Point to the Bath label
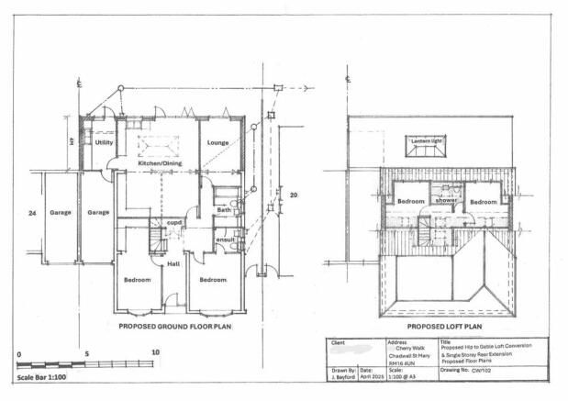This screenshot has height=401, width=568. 223,210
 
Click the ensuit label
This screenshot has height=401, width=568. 225,240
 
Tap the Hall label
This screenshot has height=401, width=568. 173,264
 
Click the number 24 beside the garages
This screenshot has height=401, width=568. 32,212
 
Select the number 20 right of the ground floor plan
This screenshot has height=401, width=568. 294,195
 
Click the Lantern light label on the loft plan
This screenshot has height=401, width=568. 426,140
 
